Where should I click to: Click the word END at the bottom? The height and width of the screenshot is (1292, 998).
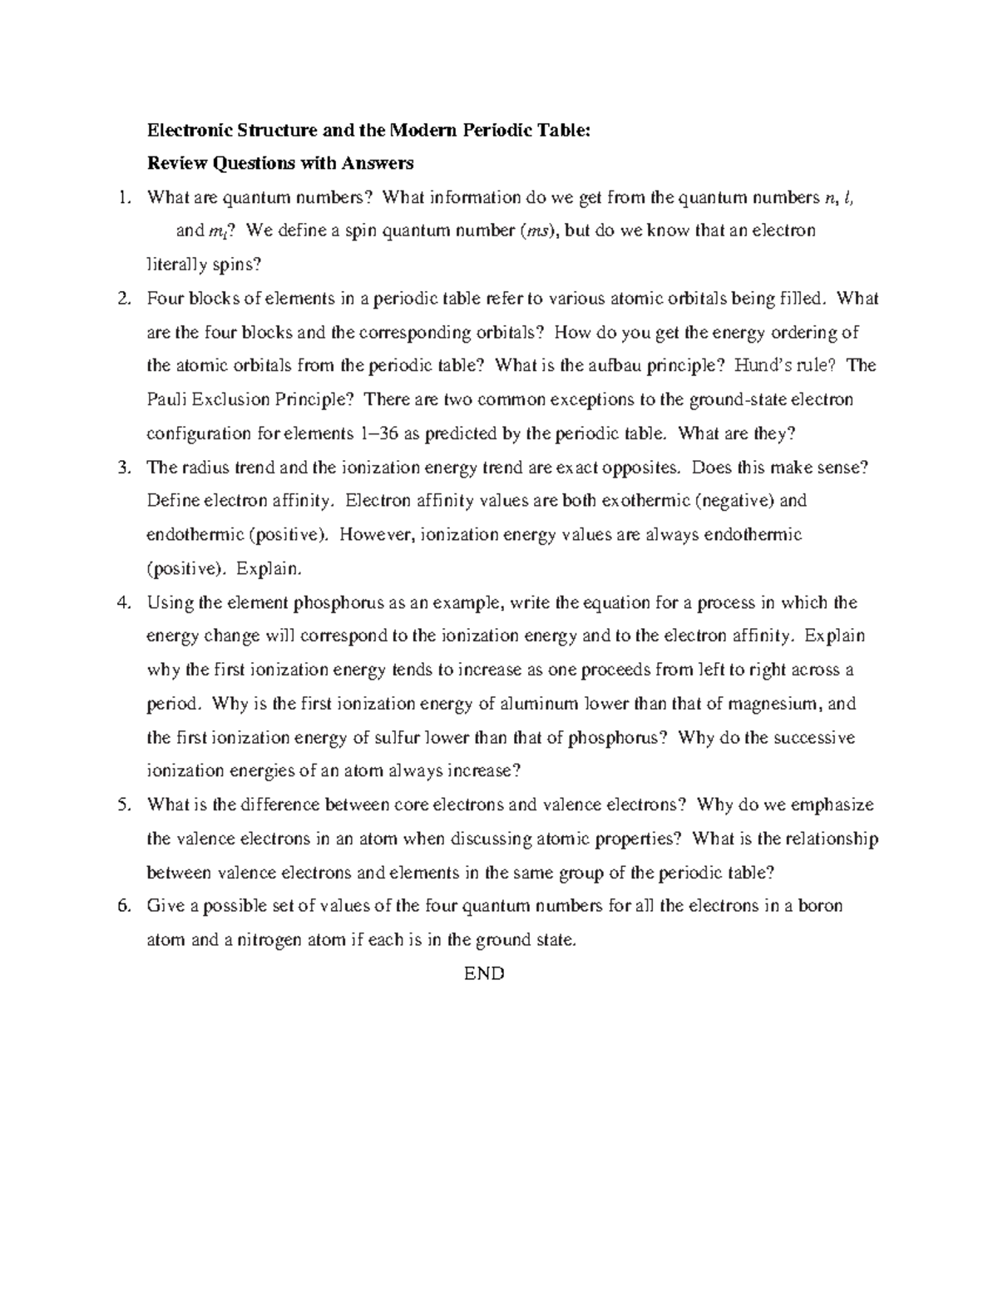coord(485,973)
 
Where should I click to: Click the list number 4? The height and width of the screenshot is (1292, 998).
coord(124,602)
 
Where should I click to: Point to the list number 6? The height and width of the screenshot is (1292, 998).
coord(124,906)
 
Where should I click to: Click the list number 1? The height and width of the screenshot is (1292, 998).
coord(124,197)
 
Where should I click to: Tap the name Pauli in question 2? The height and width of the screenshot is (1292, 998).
coord(167,399)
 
